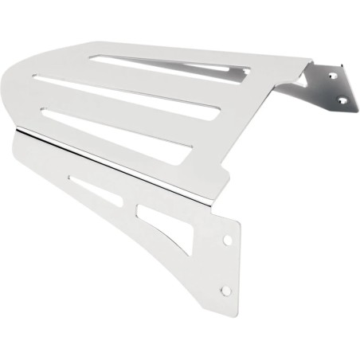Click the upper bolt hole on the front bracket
pos(227,239)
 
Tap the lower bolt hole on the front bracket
pos(225,291)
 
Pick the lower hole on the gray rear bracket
pos(343,100)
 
